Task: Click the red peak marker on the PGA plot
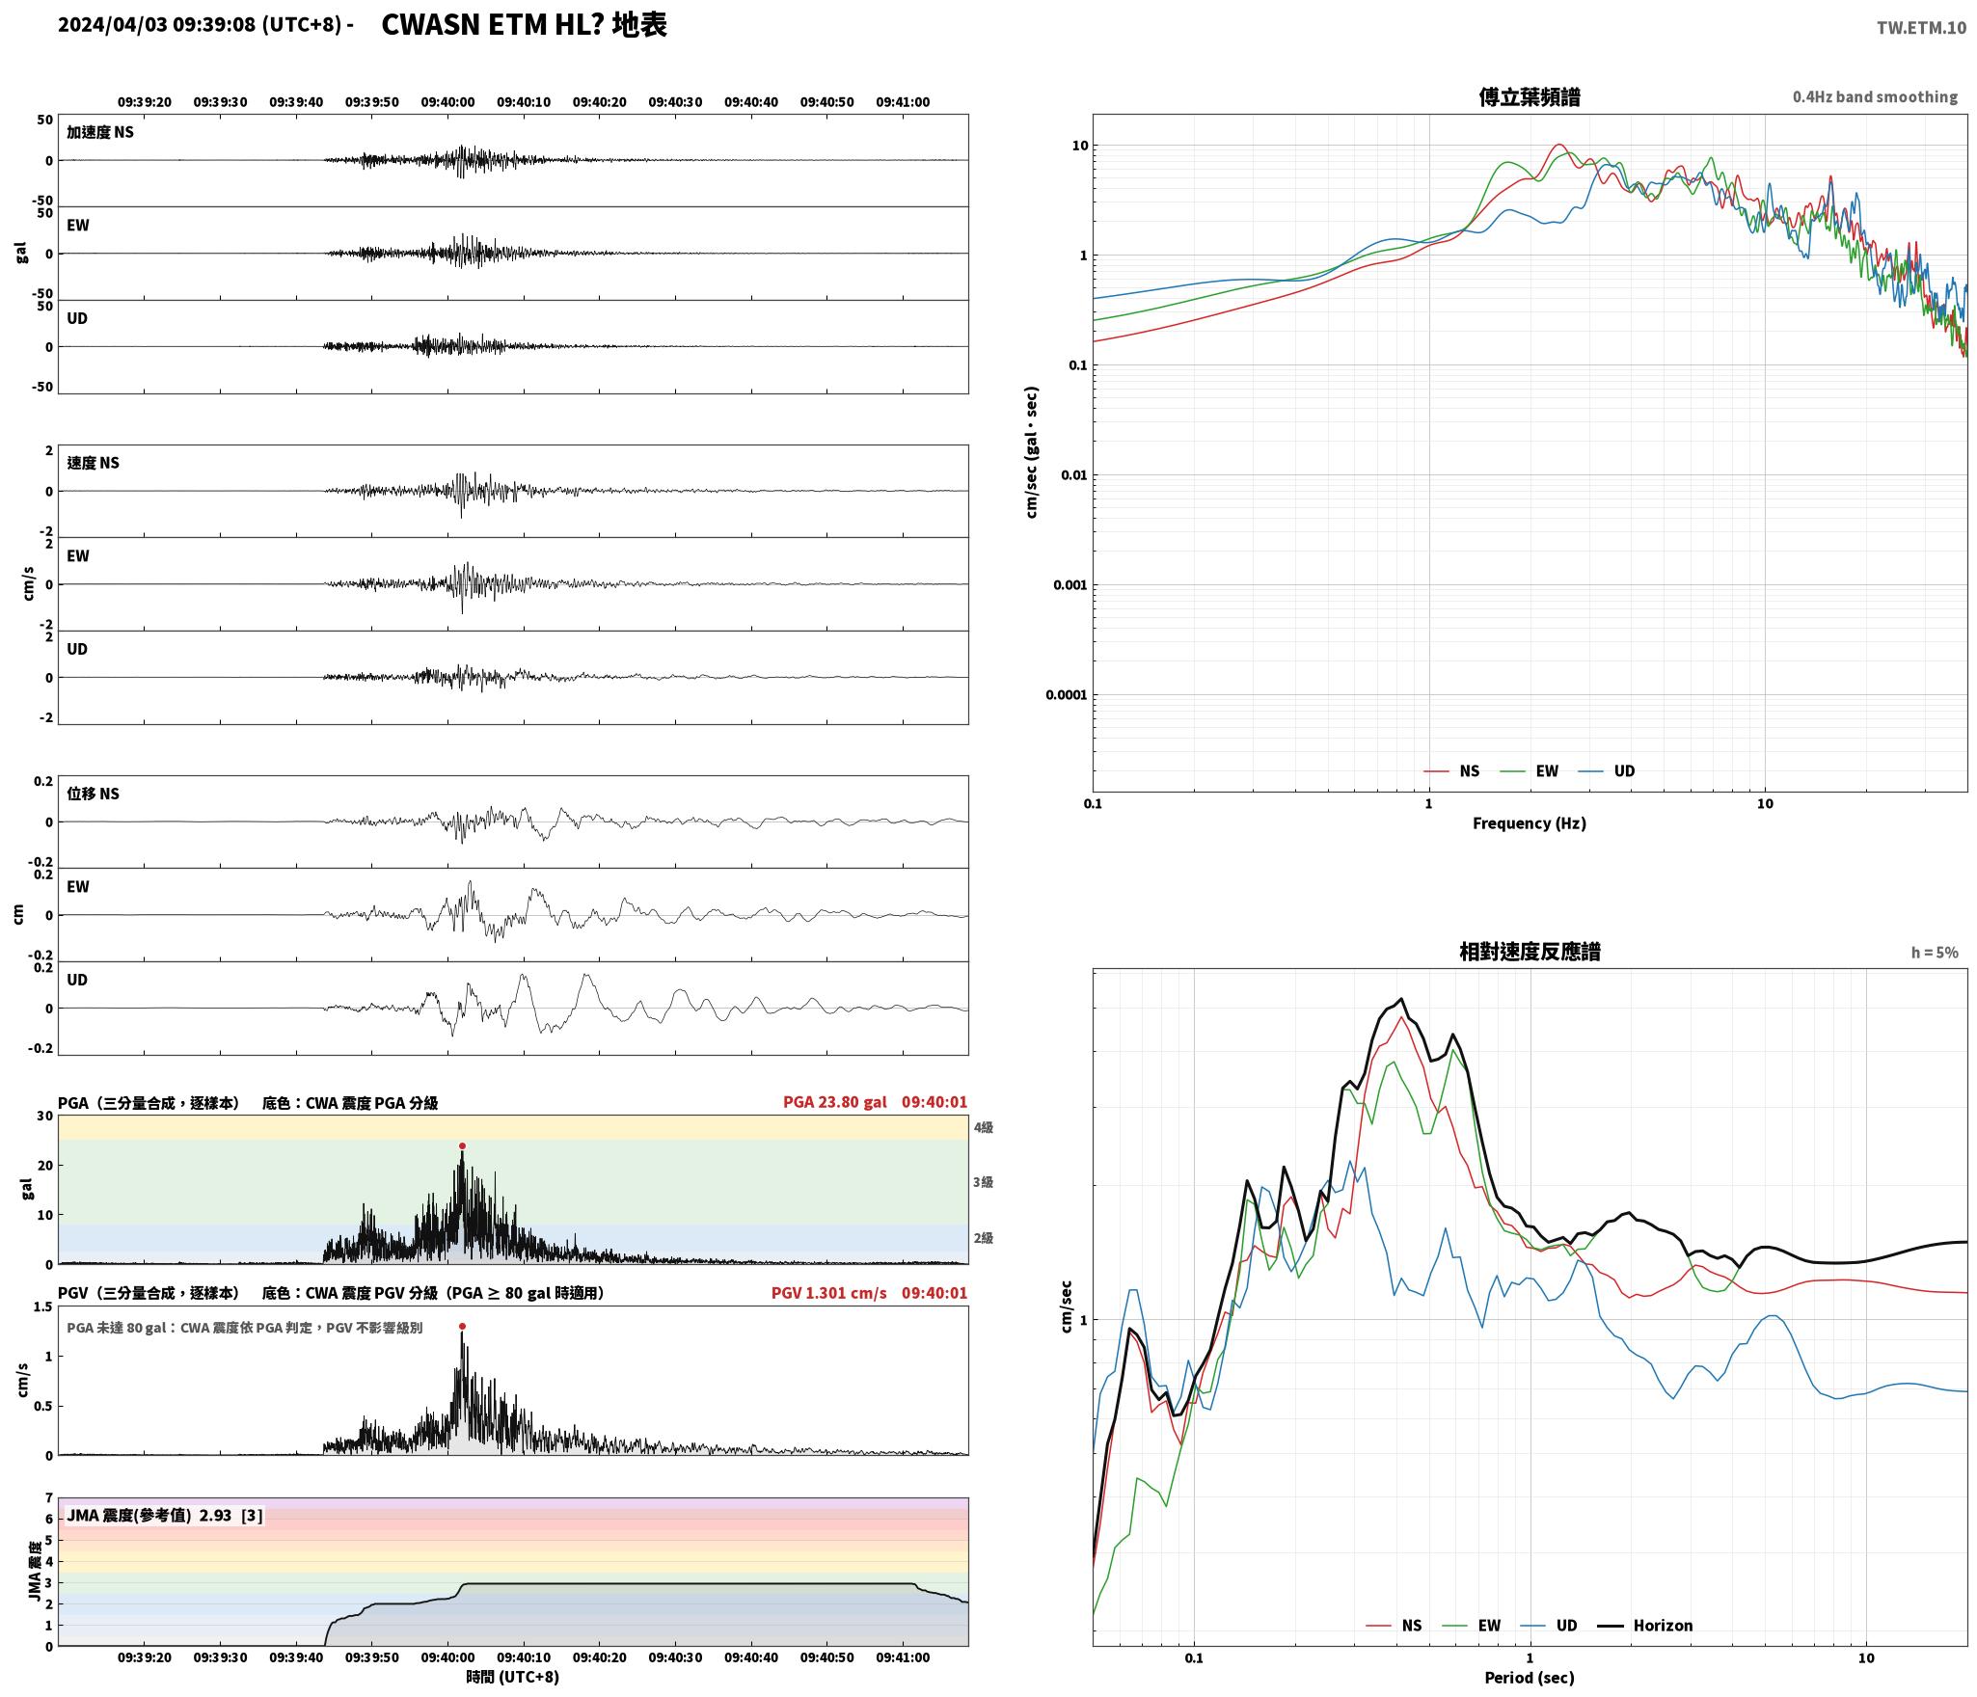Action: (x=462, y=1146)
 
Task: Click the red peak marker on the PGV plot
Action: (x=462, y=1327)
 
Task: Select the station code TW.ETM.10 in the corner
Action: (x=1921, y=28)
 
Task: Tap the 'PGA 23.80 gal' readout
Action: (x=834, y=1102)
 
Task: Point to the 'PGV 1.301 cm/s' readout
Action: (x=828, y=1293)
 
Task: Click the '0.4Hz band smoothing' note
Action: (x=1875, y=97)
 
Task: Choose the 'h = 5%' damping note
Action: (x=1935, y=953)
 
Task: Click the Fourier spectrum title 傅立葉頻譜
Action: (x=1530, y=96)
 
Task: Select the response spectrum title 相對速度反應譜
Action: (x=1530, y=952)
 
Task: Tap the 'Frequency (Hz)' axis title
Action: (x=1530, y=823)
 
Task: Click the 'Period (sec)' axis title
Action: (x=1530, y=1678)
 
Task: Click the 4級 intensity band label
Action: (x=983, y=1128)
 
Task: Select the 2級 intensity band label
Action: (x=983, y=1238)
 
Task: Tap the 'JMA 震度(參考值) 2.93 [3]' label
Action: (x=164, y=1516)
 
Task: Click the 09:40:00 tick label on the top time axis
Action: (x=447, y=102)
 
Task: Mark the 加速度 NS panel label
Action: (x=100, y=132)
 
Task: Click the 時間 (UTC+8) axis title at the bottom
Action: (x=513, y=1677)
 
